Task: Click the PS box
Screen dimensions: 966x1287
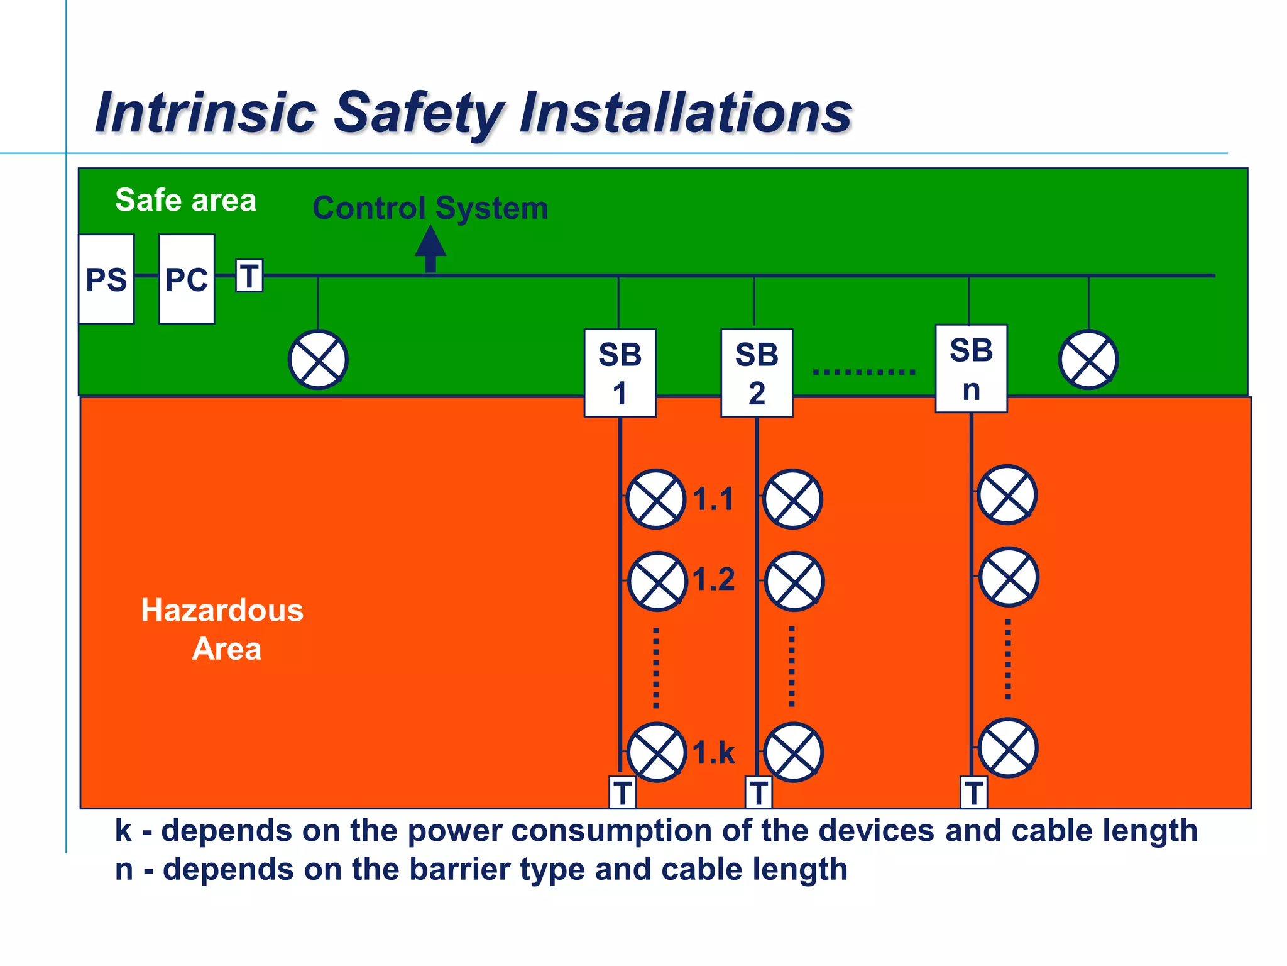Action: pyautogui.click(x=106, y=279)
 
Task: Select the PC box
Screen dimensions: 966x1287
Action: pyautogui.click(x=187, y=279)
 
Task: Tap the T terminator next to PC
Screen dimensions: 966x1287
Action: pyautogui.click(x=249, y=275)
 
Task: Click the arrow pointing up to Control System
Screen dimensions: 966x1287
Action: pyautogui.click(x=430, y=248)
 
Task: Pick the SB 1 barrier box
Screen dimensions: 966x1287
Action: pyautogui.click(x=620, y=373)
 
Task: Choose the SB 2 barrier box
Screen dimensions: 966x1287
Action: pyautogui.click(x=757, y=373)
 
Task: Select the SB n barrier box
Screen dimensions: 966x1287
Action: pyautogui.click(x=971, y=369)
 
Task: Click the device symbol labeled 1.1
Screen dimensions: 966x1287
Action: pyautogui.click(x=656, y=499)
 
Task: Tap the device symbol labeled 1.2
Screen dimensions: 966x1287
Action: pyautogui.click(x=657, y=581)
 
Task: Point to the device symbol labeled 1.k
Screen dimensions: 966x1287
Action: pyautogui.click(x=657, y=752)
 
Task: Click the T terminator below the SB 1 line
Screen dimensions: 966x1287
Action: pyautogui.click(x=623, y=792)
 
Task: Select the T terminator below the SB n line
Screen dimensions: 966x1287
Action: pyautogui.click(x=974, y=792)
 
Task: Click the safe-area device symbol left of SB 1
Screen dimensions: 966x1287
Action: pyautogui.click(x=318, y=360)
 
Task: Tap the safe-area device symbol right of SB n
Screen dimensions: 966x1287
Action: pyautogui.click(x=1088, y=360)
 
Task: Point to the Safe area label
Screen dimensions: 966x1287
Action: pyautogui.click(x=186, y=200)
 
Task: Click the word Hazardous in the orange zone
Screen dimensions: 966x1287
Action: pyautogui.click(x=222, y=610)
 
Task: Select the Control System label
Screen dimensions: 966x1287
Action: pyautogui.click(x=430, y=208)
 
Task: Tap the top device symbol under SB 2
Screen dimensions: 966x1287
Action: pyautogui.click(x=793, y=499)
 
